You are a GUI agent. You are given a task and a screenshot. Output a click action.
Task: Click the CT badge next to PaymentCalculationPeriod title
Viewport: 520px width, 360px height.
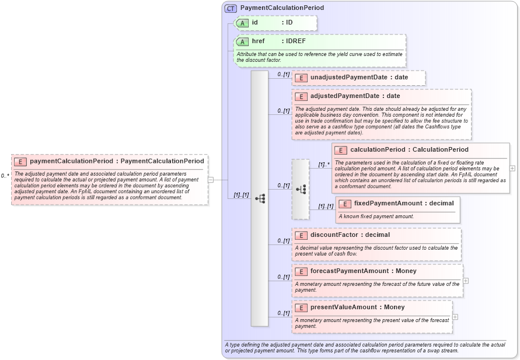pos(231,8)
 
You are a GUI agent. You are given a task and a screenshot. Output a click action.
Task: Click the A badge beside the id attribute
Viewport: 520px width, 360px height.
pos(242,23)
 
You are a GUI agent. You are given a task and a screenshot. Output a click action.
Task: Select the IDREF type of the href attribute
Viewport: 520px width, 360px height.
pos(295,41)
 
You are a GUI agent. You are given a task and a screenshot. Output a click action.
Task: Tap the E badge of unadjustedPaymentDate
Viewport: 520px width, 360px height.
pos(301,78)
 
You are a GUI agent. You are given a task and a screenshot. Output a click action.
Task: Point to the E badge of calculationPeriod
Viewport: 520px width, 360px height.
pos(341,150)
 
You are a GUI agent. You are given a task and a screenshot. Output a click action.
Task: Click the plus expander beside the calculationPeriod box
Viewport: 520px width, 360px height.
pos(512,168)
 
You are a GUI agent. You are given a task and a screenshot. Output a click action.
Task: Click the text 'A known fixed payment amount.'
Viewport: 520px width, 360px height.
pos(376,216)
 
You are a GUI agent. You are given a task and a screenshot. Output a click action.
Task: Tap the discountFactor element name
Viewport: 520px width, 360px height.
pos(334,235)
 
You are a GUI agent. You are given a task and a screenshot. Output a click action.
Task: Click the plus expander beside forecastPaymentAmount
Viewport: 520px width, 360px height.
pos(466,281)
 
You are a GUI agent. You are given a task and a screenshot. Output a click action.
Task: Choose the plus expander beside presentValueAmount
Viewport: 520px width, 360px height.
pos(455,317)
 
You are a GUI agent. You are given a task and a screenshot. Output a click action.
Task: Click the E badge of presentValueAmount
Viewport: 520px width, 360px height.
pos(301,307)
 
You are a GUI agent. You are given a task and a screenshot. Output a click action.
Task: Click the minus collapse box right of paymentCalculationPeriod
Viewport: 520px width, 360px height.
pos(211,180)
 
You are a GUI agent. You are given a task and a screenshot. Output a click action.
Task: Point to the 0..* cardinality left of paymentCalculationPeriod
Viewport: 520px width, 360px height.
pos(5,176)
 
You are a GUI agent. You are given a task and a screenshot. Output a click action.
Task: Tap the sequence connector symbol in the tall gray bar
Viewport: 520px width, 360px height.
pos(260,198)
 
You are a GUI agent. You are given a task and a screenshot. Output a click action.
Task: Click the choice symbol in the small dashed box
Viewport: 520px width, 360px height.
pos(301,189)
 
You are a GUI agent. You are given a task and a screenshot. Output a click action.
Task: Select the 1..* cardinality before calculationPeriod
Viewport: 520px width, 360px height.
pos(323,165)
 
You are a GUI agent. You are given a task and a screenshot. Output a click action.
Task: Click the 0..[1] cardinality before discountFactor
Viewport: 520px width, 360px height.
pos(284,240)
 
